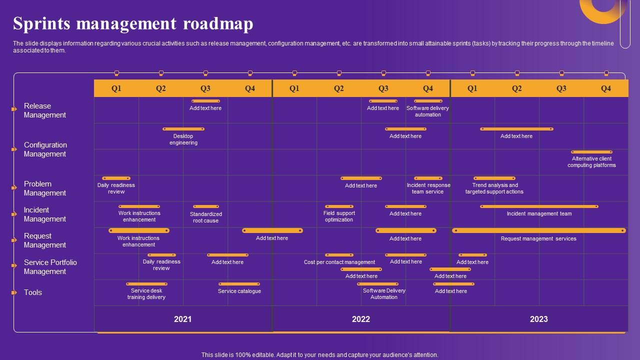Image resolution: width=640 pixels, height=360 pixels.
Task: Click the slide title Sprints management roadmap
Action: coord(133,23)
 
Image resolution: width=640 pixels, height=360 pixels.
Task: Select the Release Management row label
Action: coord(45,110)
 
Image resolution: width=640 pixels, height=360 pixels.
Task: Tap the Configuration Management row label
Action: coord(45,149)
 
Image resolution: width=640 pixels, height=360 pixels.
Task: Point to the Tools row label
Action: coord(33,292)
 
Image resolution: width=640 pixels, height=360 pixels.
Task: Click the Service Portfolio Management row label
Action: coord(50,267)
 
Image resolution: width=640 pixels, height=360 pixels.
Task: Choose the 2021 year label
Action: coord(182,319)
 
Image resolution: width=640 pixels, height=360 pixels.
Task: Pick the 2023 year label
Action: coord(539,319)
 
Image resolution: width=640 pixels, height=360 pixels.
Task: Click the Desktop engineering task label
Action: coord(183,139)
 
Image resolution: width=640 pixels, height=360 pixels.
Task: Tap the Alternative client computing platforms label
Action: coord(591,162)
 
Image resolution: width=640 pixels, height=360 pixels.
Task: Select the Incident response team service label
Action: coord(428,188)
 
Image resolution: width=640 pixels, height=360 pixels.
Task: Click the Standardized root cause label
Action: coord(205,217)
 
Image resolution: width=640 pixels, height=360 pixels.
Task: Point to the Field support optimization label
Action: coord(339,216)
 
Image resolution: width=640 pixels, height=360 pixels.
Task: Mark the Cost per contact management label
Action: coord(339,262)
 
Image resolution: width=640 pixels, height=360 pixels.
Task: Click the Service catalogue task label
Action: coord(239,291)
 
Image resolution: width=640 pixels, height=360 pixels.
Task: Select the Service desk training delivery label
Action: coord(146,294)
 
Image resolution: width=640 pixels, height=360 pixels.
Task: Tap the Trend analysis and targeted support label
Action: coord(494,188)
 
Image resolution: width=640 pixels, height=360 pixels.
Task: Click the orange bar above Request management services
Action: coord(539,230)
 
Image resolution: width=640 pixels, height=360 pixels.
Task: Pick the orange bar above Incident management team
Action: coord(539,206)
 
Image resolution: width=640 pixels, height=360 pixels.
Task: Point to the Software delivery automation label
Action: coord(428,111)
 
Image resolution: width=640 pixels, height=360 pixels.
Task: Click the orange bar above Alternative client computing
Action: coord(591,152)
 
